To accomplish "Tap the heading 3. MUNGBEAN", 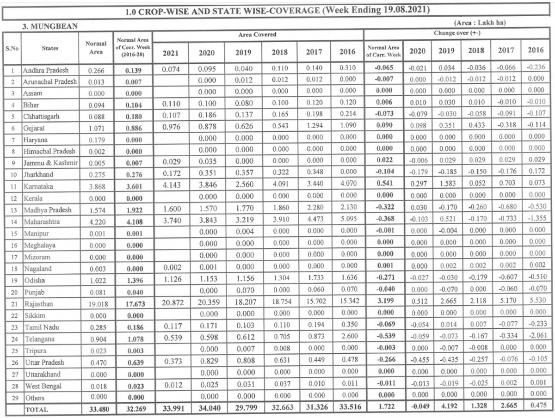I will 45,27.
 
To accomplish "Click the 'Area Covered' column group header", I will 258,34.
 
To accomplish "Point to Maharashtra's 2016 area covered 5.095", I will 347,222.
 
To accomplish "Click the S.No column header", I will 11,48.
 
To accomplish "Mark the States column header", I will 49,48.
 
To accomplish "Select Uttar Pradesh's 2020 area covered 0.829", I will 206,362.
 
